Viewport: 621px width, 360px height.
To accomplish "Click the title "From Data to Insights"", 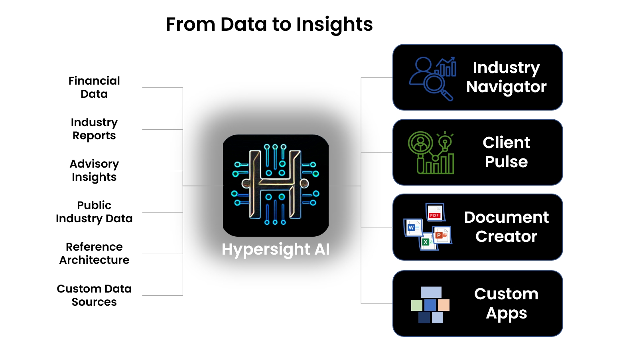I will (x=269, y=24).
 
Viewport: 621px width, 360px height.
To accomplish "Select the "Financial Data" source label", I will (x=94, y=87).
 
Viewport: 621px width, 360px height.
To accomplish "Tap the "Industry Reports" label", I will (x=94, y=129).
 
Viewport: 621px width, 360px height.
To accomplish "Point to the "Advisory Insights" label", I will (x=94, y=170).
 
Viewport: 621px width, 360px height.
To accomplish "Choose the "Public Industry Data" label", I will (x=94, y=212).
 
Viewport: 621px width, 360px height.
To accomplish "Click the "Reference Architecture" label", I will (x=94, y=253).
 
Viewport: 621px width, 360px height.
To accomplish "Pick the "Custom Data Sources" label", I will (x=94, y=295).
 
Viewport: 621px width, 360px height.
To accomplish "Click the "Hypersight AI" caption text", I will (x=276, y=249).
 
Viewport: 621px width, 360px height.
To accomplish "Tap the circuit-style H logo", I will (x=276, y=185).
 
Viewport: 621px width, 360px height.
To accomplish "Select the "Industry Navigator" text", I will (x=506, y=77).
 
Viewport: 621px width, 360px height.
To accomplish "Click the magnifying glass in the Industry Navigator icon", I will (x=435, y=85).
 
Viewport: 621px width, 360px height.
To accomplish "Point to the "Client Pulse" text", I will (x=506, y=152).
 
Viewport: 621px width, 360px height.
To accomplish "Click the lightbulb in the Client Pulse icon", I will (x=445, y=141).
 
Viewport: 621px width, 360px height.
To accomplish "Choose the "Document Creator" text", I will (x=506, y=227).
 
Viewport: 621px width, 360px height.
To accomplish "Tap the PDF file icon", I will (x=435, y=212).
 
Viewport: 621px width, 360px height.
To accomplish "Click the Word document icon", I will (x=413, y=228).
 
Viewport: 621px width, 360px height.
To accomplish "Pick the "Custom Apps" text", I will (x=506, y=304).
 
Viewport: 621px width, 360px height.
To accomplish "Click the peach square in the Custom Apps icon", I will (x=444, y=305).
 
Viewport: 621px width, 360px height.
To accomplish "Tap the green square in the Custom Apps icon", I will (x=417, y=305).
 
